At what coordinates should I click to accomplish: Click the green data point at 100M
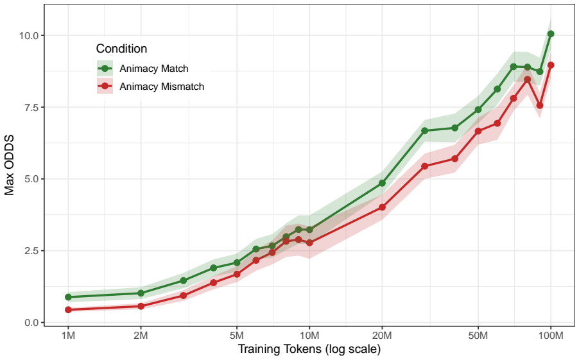coord(551,34)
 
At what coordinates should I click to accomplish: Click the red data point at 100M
coord(551,65)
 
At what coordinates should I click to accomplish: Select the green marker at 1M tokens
coord(68,297)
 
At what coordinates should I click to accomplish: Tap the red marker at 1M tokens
coord(68,310)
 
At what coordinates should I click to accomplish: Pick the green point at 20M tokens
coord(382,183)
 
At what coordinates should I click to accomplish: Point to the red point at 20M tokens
coord(382,207)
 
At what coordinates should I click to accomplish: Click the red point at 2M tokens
coord(141,306)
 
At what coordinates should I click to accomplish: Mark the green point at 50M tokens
coord(478,110)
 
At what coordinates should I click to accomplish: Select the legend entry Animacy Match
coord(154,68)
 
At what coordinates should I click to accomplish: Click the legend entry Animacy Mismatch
coord(162,87)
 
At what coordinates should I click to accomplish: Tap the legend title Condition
coord(121,49)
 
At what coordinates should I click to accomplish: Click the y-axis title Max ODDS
coord(9,165)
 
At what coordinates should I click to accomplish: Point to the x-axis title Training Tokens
coord(309,349)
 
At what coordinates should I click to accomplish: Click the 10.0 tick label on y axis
coord(29,35)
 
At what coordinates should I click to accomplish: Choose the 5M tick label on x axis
coord(237,335)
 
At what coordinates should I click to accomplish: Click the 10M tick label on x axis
coord(309,335)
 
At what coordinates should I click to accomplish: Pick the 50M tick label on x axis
coord(478,335)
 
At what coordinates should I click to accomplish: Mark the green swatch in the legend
coord(105,68)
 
